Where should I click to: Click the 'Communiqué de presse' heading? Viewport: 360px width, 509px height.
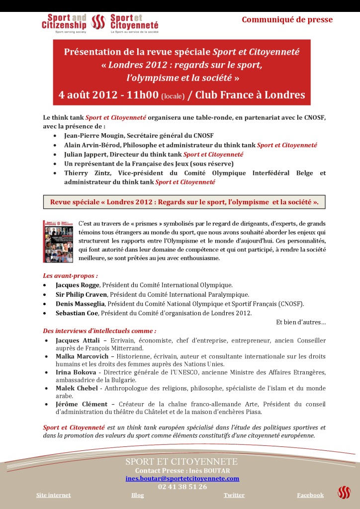(287, 20)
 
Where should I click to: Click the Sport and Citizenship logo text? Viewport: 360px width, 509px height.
(64, 21)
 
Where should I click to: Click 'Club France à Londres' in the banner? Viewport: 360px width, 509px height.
(250, 95)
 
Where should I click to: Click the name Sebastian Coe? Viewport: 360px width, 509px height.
(78, 313)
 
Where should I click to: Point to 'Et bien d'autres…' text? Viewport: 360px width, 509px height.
(301, 322)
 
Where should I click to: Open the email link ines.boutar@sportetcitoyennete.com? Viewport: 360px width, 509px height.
(182, 478)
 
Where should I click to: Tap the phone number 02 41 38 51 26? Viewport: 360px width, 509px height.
(182, 487)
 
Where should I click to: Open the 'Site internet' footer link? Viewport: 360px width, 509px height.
(53, 495)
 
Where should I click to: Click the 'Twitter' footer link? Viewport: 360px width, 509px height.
(234, 495)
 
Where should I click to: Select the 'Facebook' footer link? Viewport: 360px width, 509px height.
(310, 495)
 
